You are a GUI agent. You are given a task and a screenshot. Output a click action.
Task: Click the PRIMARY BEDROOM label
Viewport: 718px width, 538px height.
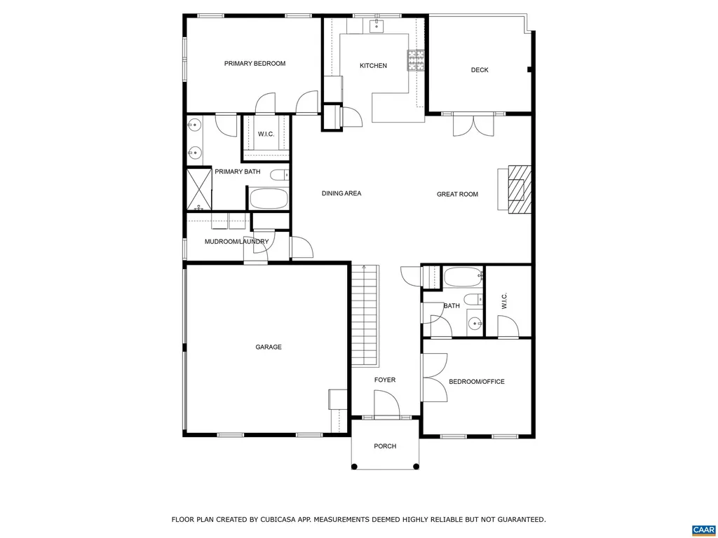(255, 64)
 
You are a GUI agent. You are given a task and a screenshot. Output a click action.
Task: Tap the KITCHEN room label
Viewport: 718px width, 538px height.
(373, 66)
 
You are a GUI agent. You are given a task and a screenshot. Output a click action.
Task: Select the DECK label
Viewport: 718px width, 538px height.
(480, 70)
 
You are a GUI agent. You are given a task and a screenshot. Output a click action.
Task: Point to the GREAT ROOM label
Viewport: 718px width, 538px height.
(457, 194)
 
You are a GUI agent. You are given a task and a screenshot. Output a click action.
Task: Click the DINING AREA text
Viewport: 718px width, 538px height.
(341, 193)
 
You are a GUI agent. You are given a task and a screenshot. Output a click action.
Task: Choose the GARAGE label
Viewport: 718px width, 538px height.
(268, 347)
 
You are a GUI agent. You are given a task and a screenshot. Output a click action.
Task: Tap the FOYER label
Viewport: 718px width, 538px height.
(385, 380)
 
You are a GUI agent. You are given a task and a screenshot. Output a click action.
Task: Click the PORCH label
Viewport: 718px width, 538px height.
(385, 446)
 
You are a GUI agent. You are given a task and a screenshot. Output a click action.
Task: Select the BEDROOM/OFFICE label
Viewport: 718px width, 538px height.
(476, 382)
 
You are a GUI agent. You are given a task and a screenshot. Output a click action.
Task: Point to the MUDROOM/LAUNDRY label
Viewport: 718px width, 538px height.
(236, 242)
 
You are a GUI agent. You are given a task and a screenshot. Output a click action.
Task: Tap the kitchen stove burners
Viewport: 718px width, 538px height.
(416, 60)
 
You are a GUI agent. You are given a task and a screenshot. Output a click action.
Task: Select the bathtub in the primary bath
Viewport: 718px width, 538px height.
(269, 198)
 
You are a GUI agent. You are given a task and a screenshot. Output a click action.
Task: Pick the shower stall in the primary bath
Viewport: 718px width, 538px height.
(199, 189)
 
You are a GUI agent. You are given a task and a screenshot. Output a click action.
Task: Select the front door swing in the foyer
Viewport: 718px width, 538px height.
(386, 404)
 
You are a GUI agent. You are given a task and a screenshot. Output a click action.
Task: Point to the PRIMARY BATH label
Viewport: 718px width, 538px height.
(237, 172)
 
